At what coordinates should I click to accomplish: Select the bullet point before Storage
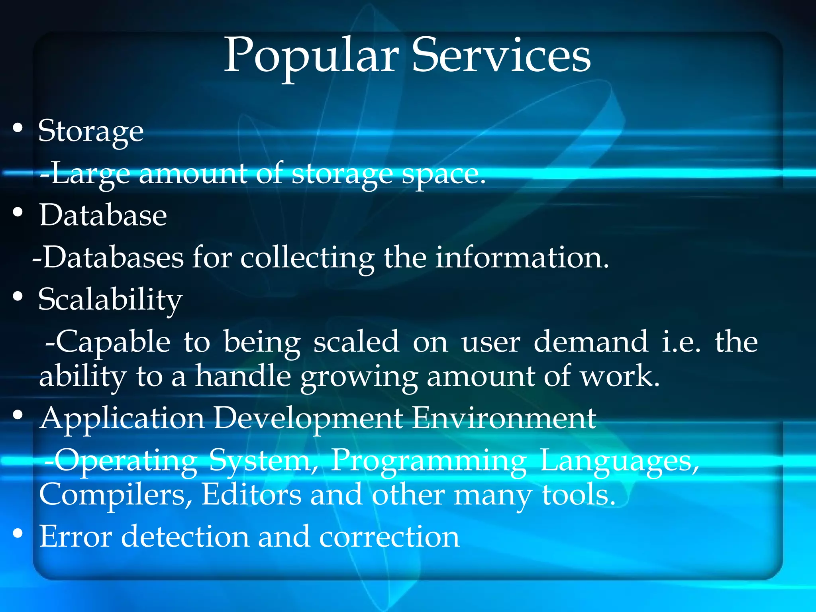(x=18, y=128)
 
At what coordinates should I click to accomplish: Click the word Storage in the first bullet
(x=91, y=131)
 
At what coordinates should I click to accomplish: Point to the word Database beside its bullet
(x=103, y=215)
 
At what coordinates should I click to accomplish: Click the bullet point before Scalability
(x=18, y=296)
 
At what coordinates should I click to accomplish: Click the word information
(x=522, y=257)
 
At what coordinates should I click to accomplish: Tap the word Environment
(x=504, y=418)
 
